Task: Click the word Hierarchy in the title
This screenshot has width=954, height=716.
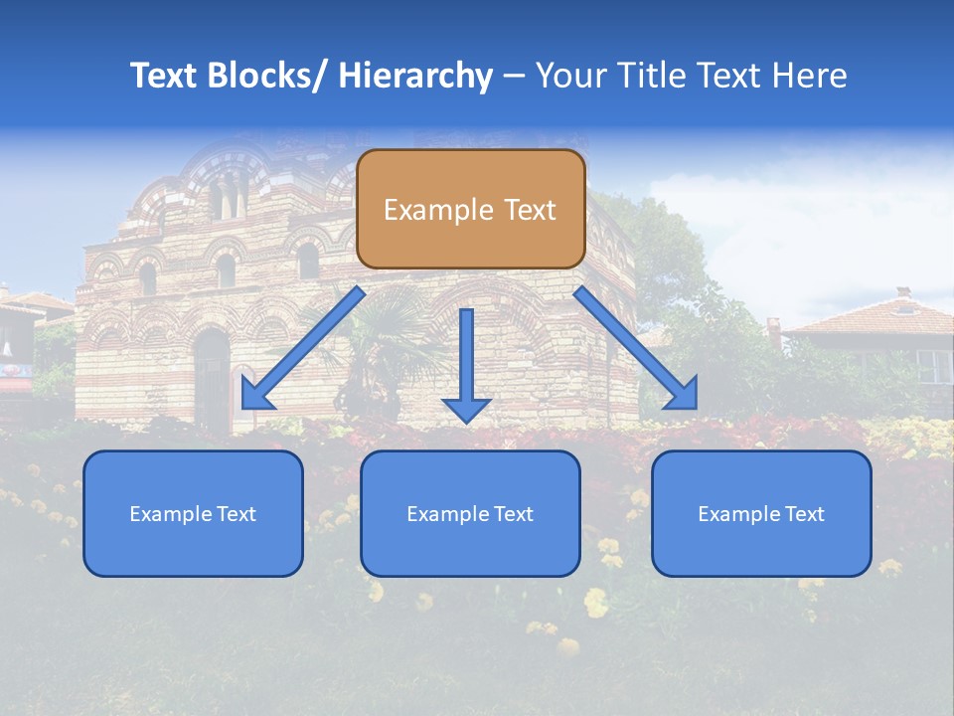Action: (415, 76)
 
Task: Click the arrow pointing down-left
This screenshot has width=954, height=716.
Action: (303, 348)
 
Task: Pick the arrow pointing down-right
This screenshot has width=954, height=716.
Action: (636, 348)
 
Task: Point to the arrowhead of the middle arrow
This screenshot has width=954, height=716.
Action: (466, 409)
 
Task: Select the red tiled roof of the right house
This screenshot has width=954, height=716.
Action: (865, 318)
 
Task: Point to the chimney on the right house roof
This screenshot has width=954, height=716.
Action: (902, 293)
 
